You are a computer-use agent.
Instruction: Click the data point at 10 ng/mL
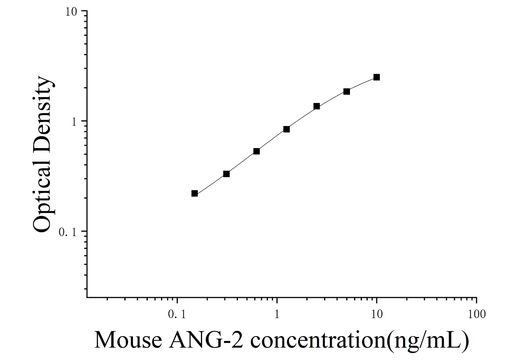[377, 77]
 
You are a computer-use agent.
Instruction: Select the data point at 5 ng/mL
[347, 91]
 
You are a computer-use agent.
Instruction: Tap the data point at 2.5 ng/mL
[317, 106]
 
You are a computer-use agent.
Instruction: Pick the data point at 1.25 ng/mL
[287, 129]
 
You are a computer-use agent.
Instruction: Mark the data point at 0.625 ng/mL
[257, 151]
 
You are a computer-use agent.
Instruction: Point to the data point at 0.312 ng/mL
[226, 174]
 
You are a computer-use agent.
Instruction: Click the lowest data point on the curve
[195, 193]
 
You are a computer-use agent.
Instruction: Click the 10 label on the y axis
[71, 12]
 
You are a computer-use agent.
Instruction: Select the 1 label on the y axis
[75, 122]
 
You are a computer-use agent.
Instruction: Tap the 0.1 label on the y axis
[68, 232]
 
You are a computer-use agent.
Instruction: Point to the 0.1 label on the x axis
[177, 314]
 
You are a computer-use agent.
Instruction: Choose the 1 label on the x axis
[277, 314]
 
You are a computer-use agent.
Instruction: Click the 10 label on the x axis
[377, 314]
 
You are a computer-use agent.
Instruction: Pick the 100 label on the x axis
[477, 314]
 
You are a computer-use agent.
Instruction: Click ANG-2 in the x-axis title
[206, 340]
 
